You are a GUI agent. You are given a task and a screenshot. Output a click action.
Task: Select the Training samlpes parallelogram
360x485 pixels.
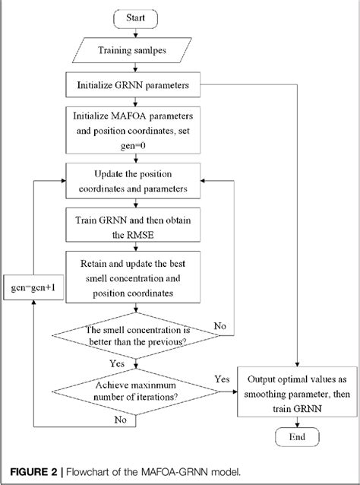point(137,52)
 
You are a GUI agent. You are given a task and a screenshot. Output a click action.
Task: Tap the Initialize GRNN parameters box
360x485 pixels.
point(137,85)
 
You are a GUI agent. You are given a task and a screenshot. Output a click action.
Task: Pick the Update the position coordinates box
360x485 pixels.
point(137,182)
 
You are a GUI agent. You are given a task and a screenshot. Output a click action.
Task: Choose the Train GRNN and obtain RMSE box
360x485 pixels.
point(137,227)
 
